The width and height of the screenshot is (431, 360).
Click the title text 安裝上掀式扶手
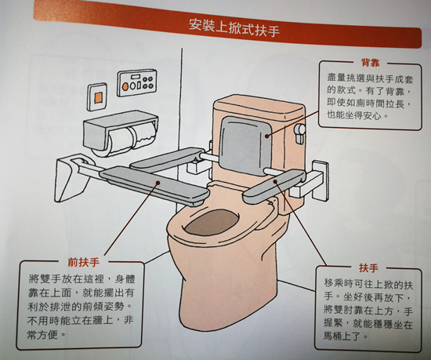coord(223,24)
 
